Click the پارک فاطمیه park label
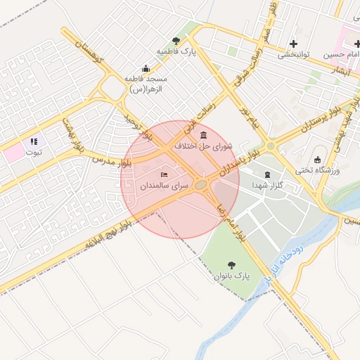point(175,53)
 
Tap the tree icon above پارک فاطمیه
point(176,41)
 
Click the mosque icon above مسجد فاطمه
point(146,68)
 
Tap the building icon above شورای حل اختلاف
point(203,135)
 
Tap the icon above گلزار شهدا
point(266,174)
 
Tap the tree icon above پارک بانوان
point(231,264)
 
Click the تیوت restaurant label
point(34,152)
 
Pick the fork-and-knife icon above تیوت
point(34,141)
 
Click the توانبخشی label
point(294,54)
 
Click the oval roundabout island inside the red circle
point(202,185)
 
